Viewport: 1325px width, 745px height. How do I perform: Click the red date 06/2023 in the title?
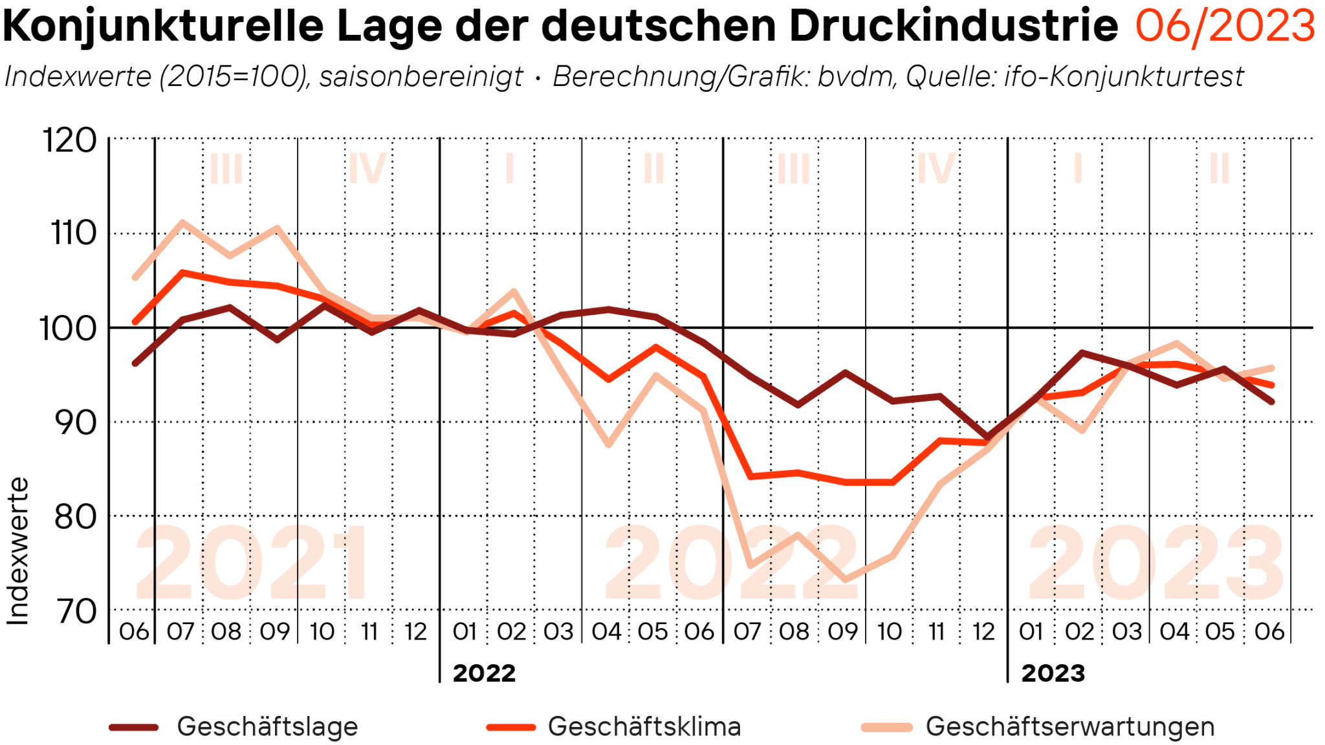[1225, 27]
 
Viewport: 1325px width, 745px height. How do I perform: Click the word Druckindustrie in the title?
[954, 27]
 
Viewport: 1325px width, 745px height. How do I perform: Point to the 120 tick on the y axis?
[69, 140]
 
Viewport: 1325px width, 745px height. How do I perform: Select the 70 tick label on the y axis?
[76, 611]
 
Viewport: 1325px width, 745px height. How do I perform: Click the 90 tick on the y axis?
[75, 422]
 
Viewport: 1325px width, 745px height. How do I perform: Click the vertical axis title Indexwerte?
[18, 551]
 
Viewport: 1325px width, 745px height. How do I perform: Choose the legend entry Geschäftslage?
[267, 726]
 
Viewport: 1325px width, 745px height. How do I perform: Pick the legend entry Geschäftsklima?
[644, 726]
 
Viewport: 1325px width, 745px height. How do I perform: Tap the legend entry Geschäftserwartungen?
[1069, 726]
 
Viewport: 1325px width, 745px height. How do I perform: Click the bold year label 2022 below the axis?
[484, 673]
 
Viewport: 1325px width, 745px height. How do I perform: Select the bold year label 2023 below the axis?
[1053, 673]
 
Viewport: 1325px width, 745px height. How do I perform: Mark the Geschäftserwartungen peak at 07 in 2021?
[182, 223]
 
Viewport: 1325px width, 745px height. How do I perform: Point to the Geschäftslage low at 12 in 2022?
[986, 438]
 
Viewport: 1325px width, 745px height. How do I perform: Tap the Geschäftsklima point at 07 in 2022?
[750, 477]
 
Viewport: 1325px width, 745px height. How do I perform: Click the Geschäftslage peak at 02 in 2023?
[1081, 353]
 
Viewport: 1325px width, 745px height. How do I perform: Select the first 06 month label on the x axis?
[134, 631]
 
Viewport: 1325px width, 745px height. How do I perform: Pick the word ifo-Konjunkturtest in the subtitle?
[1124, 77]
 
